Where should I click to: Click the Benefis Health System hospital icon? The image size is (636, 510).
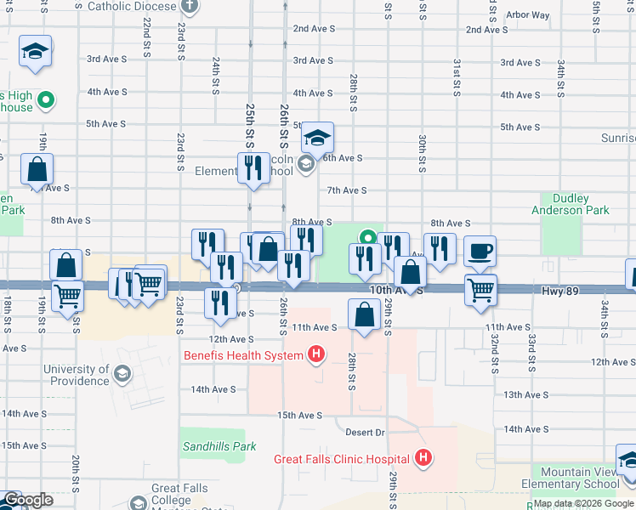point(316,354)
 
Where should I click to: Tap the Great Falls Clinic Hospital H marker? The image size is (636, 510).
point(423,460)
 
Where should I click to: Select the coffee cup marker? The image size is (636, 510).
point(480,252)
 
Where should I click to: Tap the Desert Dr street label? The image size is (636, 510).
point(366,433)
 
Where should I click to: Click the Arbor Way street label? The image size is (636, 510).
point(527,15)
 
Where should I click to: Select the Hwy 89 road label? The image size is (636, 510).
point(559,291)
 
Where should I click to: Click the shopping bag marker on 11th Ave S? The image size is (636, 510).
point(364,315)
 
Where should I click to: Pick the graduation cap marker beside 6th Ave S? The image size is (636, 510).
point(317,139)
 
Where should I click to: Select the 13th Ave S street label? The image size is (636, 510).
point(524,395)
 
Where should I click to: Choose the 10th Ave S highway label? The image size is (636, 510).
point(391,290)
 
